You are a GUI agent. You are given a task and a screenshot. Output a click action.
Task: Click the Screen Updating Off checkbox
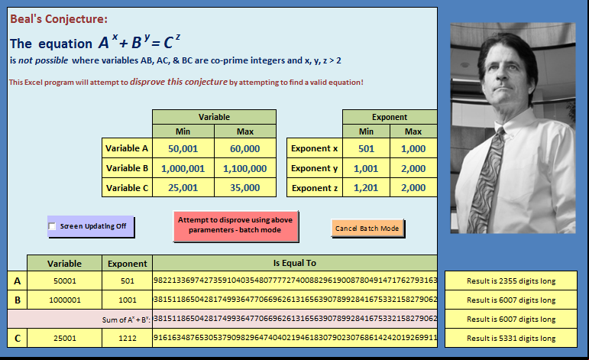(x=52, y=226)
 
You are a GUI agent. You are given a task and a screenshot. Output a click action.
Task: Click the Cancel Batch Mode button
(x=367, y=228)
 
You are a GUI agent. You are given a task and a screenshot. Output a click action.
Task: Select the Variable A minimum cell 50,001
(x=183, y=148)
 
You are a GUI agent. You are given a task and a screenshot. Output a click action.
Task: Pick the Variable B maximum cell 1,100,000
(x=245, y=168)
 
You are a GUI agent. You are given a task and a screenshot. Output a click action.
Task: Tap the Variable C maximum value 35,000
(x=245, y=187)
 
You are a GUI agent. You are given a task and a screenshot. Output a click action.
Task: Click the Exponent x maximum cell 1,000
(x=413, y=148)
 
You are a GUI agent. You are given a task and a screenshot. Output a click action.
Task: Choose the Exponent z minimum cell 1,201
(x=366, y=187)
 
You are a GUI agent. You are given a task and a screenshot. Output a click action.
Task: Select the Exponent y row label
(x=315, y=168)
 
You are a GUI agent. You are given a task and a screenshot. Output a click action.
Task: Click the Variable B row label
(x=127, y=168)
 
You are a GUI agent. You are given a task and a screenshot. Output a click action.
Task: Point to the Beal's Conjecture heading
(x=59, y=19)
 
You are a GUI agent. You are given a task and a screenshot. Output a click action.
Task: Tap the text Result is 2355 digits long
(x=511, y=281)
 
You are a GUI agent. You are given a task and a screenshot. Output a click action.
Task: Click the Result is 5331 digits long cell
(x=511, y=338)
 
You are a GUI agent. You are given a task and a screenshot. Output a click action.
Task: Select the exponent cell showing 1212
(x=128, y=338)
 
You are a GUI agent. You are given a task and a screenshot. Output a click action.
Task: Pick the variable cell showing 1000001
(x=65, y=300)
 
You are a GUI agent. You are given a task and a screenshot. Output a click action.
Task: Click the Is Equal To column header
(x=295, y=263)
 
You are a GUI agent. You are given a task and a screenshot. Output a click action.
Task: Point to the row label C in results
(x=18, y=338)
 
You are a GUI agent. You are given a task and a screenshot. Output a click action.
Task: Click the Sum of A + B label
(x=126, y=319)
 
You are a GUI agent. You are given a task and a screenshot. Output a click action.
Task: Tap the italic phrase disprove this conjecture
(x=179, y=82)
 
